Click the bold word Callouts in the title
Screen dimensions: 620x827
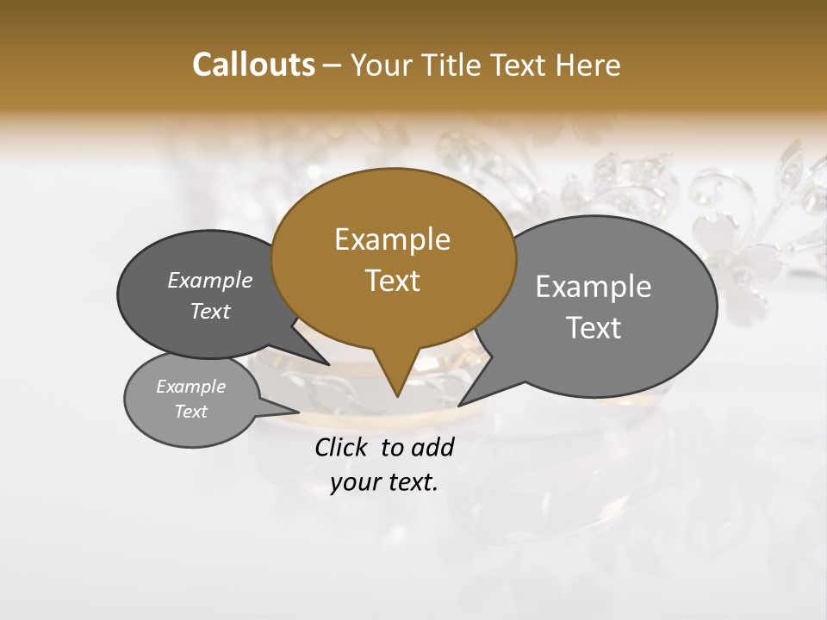click(253, 65)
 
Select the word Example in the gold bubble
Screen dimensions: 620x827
click(392, 239)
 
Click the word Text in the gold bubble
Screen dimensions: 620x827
click(392, 281)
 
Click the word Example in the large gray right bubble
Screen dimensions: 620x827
click(594, 287)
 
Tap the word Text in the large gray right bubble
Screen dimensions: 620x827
click(594, 328)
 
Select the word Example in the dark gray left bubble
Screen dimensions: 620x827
click(209, 280)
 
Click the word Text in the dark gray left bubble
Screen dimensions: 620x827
click(209, 311)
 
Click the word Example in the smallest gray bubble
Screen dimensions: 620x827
click(190, 387)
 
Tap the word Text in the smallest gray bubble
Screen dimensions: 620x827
click(190, 412)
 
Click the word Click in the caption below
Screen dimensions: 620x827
click(343, 447)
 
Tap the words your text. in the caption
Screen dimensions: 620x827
click(384, 482)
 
